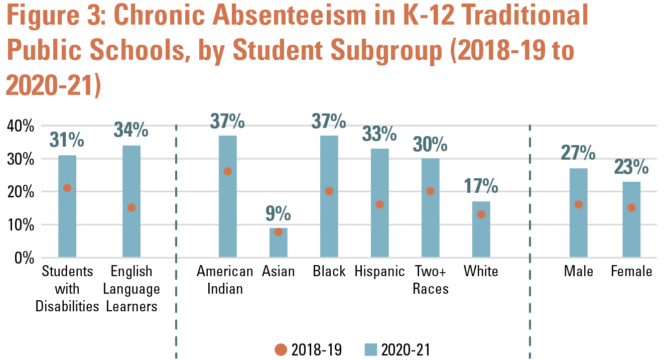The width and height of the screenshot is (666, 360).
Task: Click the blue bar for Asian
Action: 279,244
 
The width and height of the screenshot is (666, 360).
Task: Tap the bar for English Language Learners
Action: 131,201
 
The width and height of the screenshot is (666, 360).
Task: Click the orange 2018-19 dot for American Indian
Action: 227,171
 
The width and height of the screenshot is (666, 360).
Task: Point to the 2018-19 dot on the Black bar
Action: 329,191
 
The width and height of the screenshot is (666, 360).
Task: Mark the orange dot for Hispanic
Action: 379,204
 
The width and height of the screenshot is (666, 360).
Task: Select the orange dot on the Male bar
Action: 578,204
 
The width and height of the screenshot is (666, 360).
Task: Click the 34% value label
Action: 131,130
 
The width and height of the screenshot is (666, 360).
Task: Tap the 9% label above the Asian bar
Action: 278,214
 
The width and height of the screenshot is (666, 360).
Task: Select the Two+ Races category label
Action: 431,280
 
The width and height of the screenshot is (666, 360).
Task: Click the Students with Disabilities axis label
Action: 67,289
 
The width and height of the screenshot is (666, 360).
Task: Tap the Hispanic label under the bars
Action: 379,272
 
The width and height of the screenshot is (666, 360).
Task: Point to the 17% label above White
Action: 481,187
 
